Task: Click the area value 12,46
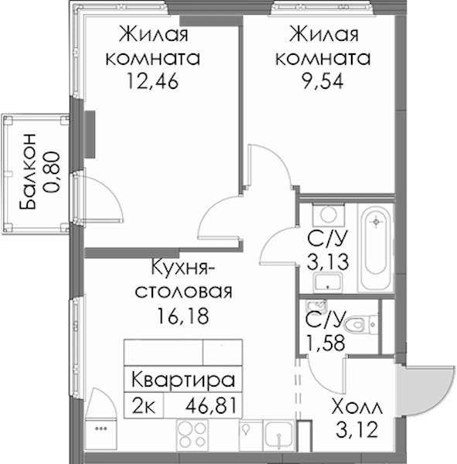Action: tap(152, 81)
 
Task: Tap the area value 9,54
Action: tap(322, 81)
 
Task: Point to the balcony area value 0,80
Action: tap(53, 172)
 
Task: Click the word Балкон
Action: tap(28, 172)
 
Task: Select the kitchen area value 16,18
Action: tap(183, 316)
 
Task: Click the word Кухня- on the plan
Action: tap(183, 268)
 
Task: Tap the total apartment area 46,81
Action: tap(211, 405)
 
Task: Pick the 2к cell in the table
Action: tap(144, 405)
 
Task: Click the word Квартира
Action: tap(183, 380)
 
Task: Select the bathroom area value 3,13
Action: tap(328, 262)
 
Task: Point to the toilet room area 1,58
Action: tap(326, 343)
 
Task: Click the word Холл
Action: tap(357, 408)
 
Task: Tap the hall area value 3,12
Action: tap(357, 430)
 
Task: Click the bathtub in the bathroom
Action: tap(376, 247)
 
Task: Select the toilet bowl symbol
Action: tap(360, 325)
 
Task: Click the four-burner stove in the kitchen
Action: tap(193, 434)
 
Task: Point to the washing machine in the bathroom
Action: tap(329, 215)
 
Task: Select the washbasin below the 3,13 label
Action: tap(328, 282)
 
